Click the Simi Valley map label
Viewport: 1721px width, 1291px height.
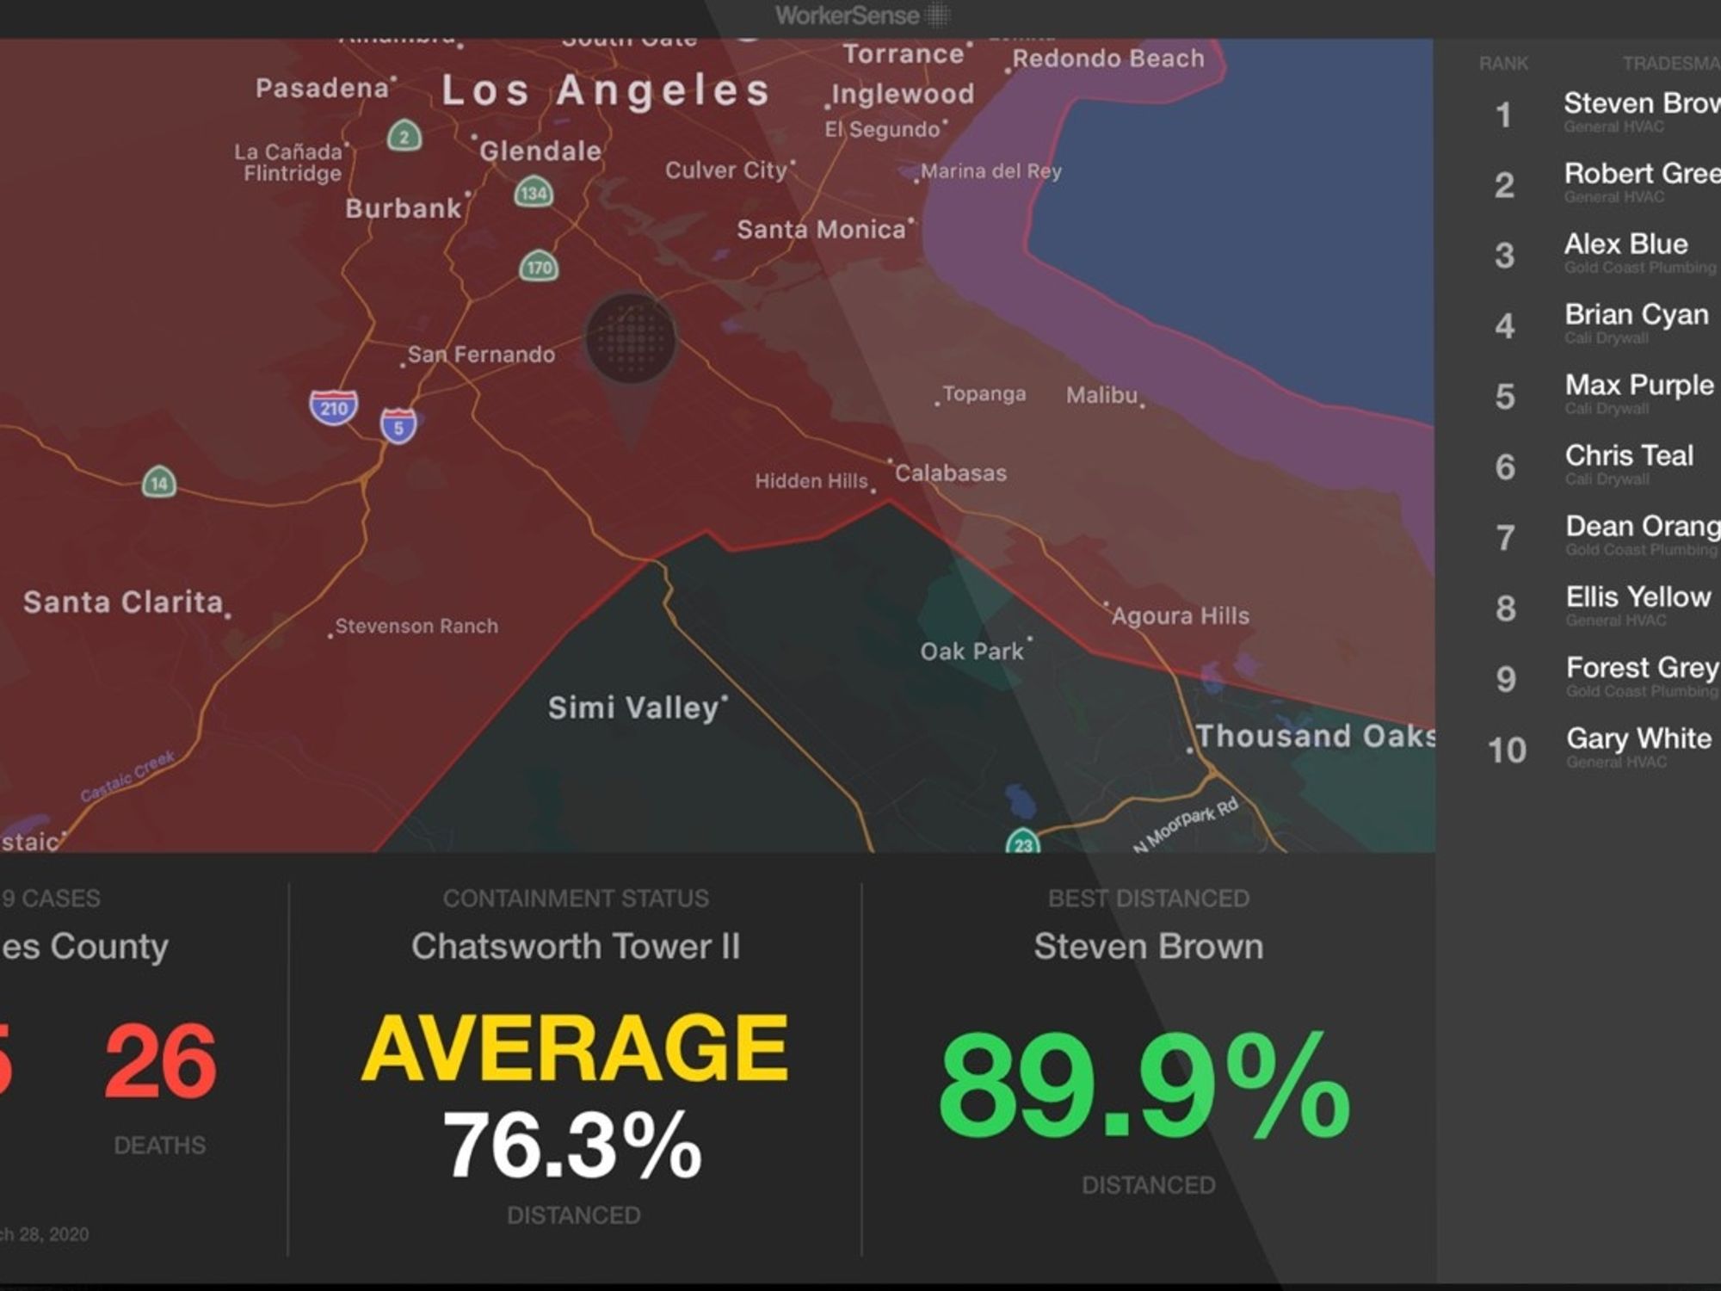click(633, 708)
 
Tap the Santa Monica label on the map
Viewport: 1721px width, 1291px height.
click(821, 230)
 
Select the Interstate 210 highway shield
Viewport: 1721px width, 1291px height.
click(334, 407)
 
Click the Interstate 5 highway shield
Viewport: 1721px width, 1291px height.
click(398, 426)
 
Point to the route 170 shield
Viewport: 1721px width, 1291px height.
click(539, 267)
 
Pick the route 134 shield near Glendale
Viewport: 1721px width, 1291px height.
click(534, 192)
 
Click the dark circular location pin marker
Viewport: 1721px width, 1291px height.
click(631, 339)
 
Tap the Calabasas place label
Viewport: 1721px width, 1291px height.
click(950, 473)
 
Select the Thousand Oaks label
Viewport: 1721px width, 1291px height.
click(1315, 737)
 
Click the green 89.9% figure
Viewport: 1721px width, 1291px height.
click(1144, 1086)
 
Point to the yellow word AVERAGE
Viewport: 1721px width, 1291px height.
click(574, 1048)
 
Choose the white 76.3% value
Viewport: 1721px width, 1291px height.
click(572, 1145)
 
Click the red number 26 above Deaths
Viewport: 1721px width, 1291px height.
click(160, 1062)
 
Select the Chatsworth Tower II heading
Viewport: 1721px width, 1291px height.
click(575, 947)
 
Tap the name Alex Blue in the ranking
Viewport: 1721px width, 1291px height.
click(1625, 244)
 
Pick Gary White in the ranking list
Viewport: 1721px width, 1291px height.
click(1638, 738)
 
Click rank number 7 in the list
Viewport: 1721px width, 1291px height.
click(1505, 538)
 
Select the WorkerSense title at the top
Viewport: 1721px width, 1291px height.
click(848, 15)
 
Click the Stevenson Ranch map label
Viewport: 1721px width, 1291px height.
click(416, 627)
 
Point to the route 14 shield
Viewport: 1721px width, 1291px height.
click(159, 483)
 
